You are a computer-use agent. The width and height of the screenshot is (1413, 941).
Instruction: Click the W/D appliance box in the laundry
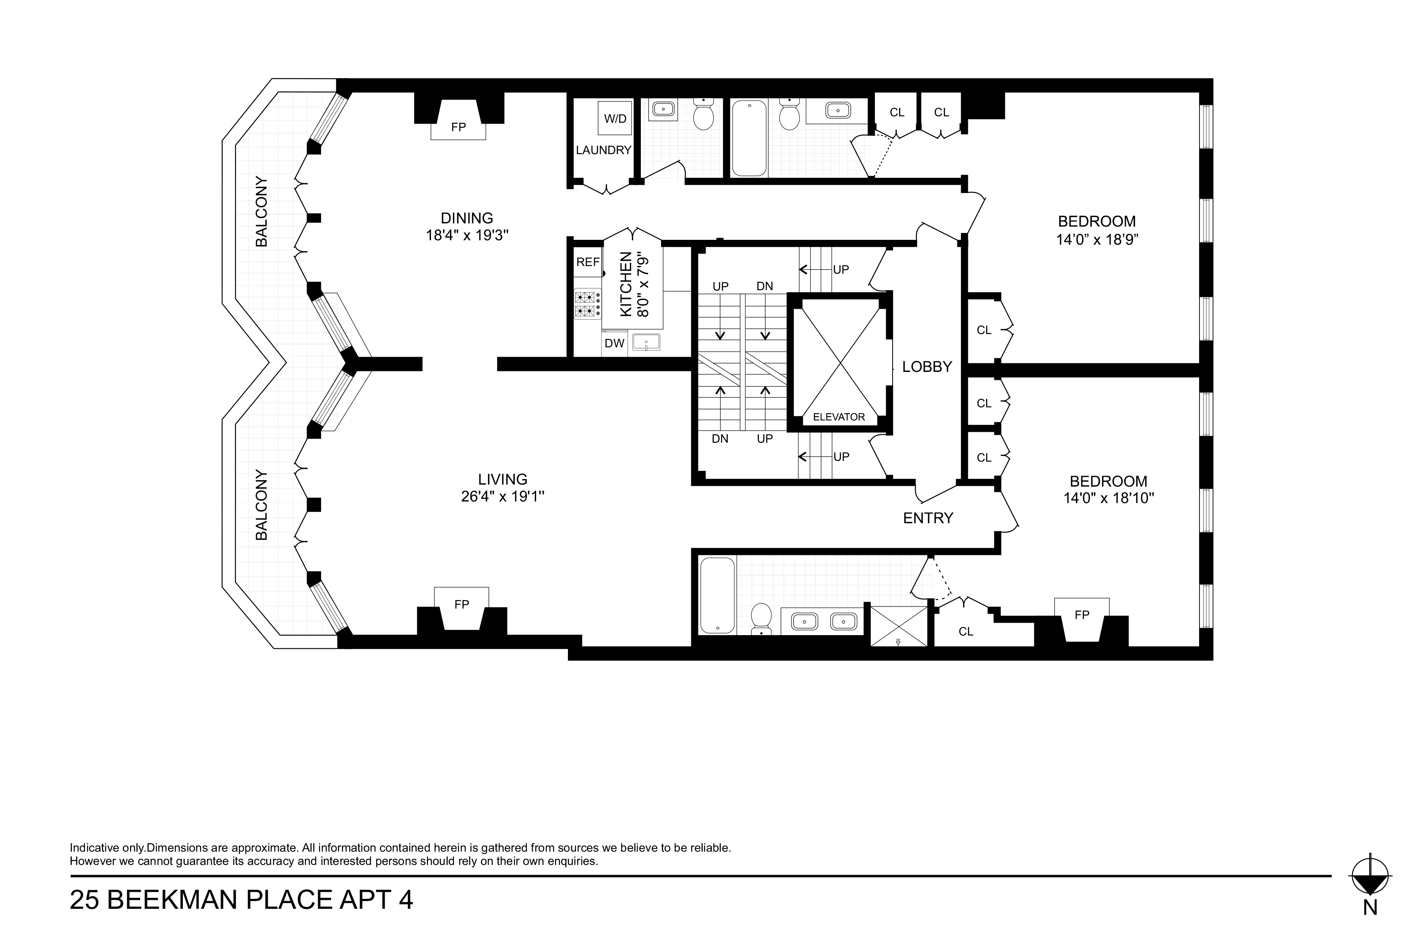tap(614, 118)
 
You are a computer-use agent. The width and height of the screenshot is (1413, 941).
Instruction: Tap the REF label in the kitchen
tap(588, 262)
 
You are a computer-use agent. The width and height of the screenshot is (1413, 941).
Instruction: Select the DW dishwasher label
tap(614, 344)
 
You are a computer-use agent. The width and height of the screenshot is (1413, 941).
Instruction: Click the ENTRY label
tap(928, 518)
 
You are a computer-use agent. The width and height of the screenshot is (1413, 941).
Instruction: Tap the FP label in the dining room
tap(458, 127)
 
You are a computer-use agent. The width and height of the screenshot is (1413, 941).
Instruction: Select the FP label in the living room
tap(461, 605)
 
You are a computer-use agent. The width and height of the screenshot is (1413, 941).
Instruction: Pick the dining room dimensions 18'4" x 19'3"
tap(467, 235)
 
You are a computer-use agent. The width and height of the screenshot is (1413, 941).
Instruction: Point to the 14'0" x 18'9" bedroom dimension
tap(1097, 239)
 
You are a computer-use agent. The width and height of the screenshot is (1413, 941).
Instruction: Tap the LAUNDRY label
tap(603, 150)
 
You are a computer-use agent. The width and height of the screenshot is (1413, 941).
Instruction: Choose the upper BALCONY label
tap(261, 211)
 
